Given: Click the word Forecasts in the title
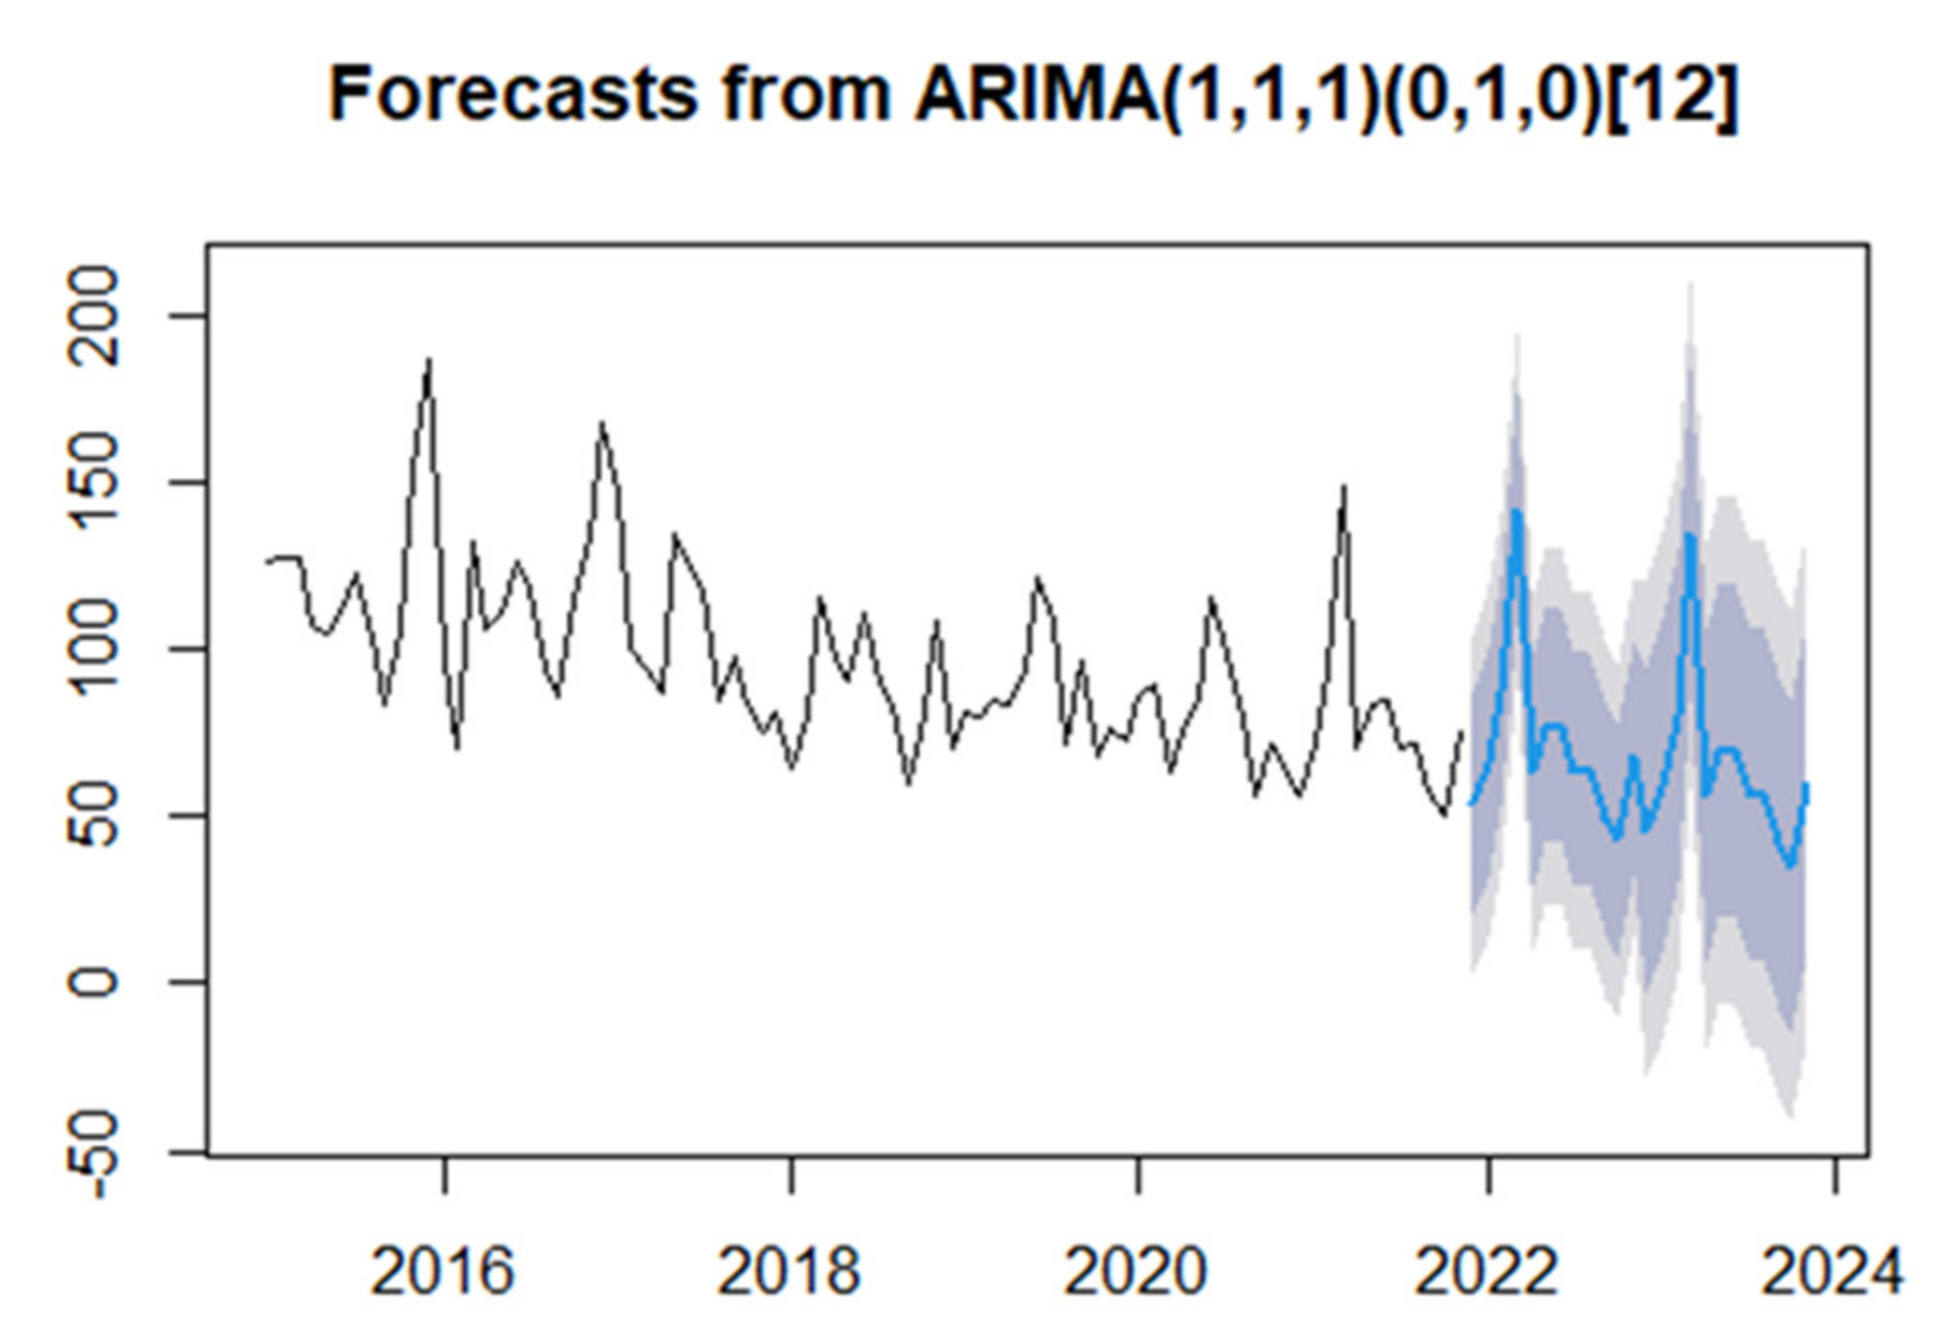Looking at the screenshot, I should coord(513,94).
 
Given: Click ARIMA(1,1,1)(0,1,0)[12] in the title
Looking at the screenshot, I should coord(1325,94).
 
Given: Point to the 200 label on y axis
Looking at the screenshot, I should coord(94,316).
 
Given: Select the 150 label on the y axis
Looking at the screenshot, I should coord(94,482).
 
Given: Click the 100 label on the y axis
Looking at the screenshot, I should coord(94,649).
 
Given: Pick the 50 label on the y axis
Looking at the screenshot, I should coord(94,815).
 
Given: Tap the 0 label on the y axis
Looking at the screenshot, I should coord(94,982).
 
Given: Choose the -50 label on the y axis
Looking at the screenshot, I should coord(94,1154).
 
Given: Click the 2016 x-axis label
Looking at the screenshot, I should coord(442,1272).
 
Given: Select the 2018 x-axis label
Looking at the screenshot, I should coord(789,1272).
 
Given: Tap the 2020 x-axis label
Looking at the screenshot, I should coord(1135,1272).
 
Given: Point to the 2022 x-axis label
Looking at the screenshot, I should coord(1486,1272).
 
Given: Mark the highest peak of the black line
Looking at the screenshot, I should coord(429,361).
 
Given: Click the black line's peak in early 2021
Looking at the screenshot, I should coord(1344,488).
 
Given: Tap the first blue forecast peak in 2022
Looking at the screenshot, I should coord(1516,512).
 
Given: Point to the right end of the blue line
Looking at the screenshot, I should coord(1807,785).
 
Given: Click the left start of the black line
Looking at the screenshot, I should coord(267,561).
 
